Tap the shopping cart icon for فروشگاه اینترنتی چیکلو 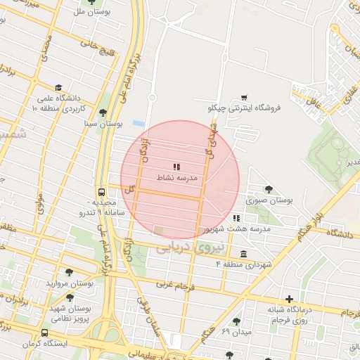click(244, 97)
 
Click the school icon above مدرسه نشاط click(176, 167)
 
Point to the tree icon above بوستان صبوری click(268, 188)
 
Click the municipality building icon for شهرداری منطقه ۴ click(243, 254)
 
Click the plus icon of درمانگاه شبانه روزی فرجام click(289, 299)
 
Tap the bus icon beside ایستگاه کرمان click(46, 333)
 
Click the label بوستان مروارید click(70, 283)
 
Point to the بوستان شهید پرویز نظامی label click(70, 312)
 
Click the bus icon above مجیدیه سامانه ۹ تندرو click(102, 191)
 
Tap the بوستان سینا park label click(104, 123)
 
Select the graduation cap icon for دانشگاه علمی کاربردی click(56, 89)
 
